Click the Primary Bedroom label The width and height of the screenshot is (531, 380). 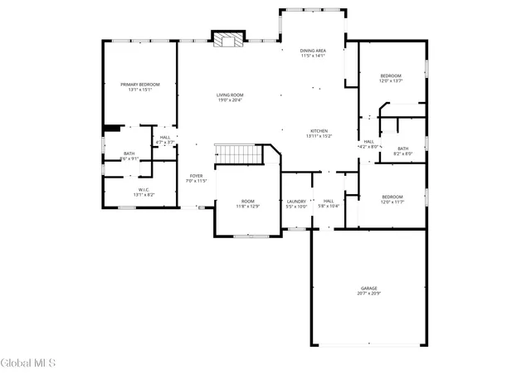tap(139, 85)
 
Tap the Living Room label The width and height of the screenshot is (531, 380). tap(230, 95)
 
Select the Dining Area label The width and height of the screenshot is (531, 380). tap(313, 51)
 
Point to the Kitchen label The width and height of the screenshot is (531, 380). tap(319, 131)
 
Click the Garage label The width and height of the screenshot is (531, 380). tap(368, 288)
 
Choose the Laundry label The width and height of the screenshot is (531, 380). tap(296, 201)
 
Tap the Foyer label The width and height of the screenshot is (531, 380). tap(196, 176)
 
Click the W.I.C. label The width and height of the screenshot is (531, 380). tap(143, 189)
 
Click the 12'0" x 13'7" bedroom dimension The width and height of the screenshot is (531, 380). tap(391, 81)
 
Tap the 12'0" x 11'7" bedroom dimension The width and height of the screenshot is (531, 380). tap(392, 202)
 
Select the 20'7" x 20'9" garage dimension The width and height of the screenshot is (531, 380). tap(368, 294)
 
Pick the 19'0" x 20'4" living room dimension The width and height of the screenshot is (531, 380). tap(230, 100)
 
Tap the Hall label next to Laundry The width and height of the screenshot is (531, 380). tap(329, 201)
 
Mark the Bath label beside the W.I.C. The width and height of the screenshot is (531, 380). tap(129, 153)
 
